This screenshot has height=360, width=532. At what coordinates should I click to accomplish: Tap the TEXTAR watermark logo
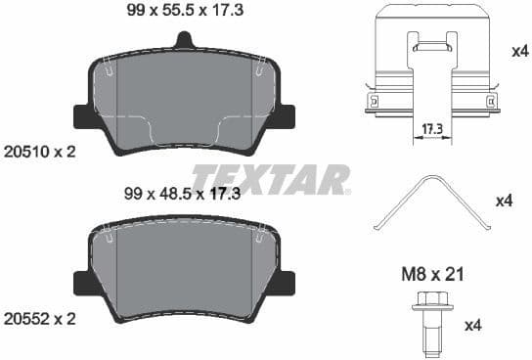point(270,179)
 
